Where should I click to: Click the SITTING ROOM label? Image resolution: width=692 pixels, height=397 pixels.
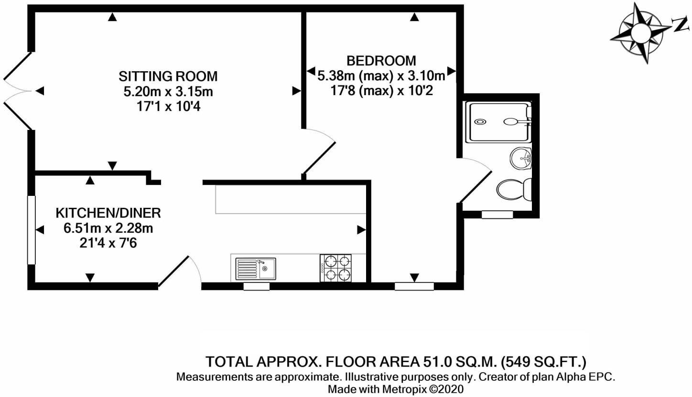tap(168, 76)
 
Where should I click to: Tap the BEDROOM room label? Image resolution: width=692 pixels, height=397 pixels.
tap(381, 61)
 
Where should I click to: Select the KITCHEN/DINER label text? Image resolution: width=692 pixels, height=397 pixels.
tap(108, 213)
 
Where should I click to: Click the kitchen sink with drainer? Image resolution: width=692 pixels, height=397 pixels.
tap(256, 269)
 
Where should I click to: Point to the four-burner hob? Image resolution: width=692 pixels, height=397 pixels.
tap(336, 268)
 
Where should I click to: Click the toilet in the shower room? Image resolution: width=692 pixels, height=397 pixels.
tap(514, 189)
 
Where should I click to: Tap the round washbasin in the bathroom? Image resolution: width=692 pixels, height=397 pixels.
tap(520, 159)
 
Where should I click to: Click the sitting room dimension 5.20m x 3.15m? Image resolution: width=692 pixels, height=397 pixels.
tap(168, 92)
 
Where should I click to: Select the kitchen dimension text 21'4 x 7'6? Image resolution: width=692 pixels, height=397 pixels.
tap(108, 244)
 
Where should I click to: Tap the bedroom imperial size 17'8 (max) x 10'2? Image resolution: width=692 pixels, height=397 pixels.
tap(381, 91)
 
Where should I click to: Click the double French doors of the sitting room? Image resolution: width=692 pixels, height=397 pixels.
tap(18, 91)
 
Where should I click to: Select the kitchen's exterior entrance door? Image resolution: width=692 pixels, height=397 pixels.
tap(180, 271)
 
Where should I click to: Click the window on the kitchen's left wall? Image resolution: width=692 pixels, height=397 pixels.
tap(32, 230)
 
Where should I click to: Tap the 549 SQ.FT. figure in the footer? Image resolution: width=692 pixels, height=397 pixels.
tap(543, 362)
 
